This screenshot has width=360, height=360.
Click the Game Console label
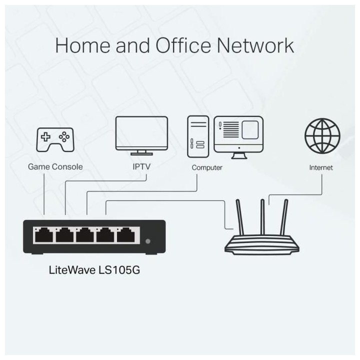tap(55, 167)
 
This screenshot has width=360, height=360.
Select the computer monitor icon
tap(238, 134)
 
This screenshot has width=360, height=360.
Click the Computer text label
tap(207, 167)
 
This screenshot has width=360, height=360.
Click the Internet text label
tap(321, 167)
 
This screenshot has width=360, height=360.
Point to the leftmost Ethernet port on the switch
tap(43, 234)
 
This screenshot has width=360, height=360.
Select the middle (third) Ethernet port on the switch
tap(85, 234)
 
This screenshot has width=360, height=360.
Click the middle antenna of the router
tap(261, 217)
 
